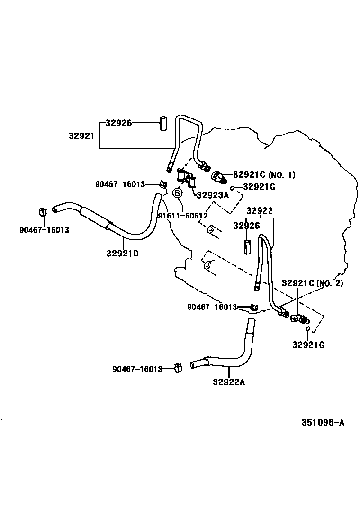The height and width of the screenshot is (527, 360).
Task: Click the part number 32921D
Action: tap(122, 253)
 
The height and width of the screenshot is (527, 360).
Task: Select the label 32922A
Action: tap(229, 382)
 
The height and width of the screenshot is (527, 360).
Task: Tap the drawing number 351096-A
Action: tap(323, 422)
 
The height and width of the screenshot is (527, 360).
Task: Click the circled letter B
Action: tap(177, 193)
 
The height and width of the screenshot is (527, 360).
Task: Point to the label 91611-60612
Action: tap(183, 216)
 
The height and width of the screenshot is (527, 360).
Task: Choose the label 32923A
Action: tap(213, 194)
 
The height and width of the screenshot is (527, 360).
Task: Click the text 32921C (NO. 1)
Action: tap(264, 175)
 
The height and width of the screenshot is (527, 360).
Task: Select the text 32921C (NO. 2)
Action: tap(312, 283)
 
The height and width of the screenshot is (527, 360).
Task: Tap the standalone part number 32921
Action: tap(83, 136)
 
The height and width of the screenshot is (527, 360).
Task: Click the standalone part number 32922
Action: tap(260, 211)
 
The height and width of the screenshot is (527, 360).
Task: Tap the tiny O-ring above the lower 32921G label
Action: tap(307, 329)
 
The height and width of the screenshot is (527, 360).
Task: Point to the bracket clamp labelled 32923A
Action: tap(186, 178)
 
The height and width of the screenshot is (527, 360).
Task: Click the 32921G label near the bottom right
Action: tap(308, 345)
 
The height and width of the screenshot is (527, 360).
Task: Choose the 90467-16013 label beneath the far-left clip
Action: tap(45, 230)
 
